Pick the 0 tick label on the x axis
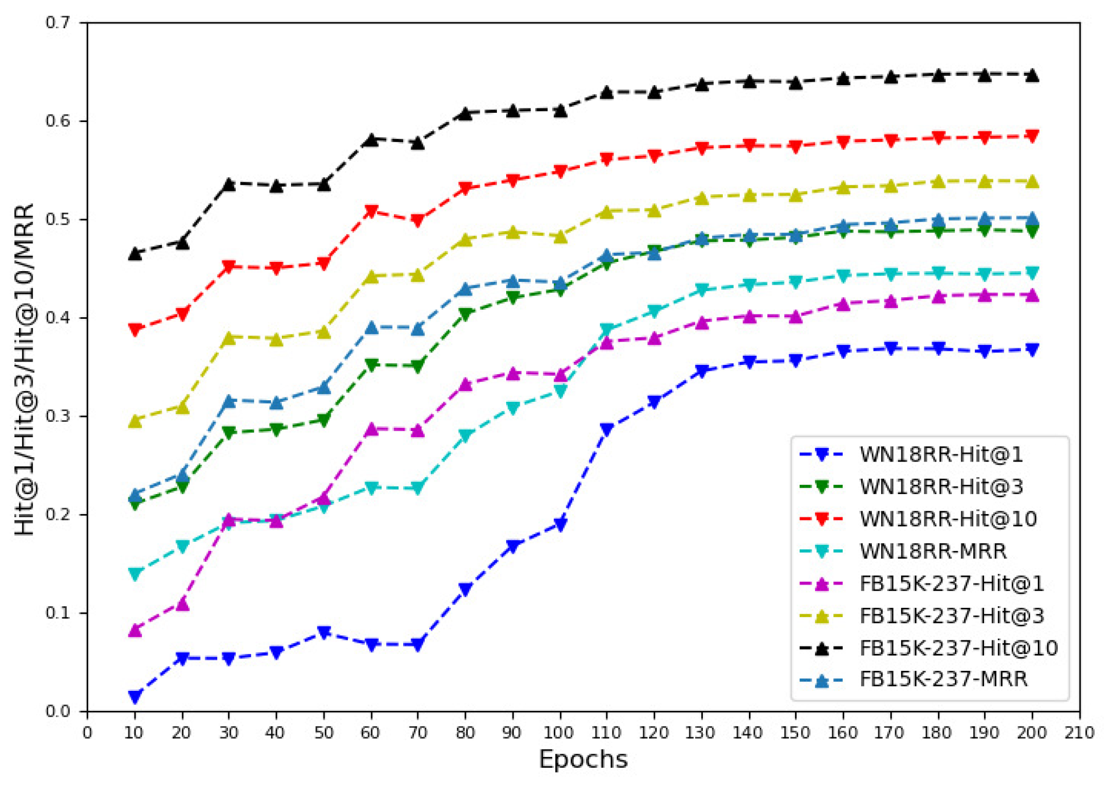(87, 733)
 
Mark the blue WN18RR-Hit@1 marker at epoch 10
(135, 696)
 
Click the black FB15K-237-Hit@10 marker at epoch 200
(1032, 75)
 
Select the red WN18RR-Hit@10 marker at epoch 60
(371, 211)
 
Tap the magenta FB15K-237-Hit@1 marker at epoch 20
(183, 604)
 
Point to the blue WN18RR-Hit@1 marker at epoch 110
(607, 429)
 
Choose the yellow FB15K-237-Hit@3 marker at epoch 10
(135, 421)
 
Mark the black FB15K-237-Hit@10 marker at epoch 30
(229, 184)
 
